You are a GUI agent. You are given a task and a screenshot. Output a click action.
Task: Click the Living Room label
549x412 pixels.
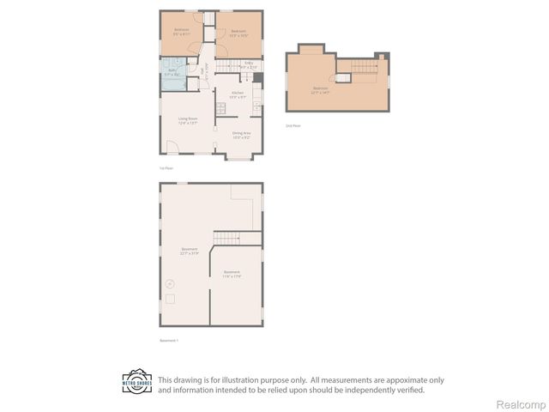[x=188, y=120]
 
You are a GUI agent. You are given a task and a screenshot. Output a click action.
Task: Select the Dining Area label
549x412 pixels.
[x=241, y=134]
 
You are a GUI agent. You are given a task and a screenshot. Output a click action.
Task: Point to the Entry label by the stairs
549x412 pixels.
[x=249, y=64]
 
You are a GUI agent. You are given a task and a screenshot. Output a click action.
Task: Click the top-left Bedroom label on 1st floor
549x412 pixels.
[x=181, y=32]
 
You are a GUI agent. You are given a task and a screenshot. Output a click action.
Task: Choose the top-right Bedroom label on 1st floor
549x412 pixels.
[x=238, y=33]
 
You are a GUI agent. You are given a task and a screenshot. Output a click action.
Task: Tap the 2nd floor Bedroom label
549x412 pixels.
[x=321, y=89]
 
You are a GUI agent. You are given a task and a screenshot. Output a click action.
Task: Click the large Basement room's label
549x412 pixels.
[x=190, y=251]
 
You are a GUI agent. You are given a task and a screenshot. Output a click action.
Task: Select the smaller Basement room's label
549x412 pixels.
[x=232, y=274]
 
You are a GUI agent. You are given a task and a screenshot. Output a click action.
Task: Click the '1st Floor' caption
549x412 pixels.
[x=166, y=168]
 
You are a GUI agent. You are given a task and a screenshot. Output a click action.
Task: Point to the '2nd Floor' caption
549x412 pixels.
[x=293, y=125]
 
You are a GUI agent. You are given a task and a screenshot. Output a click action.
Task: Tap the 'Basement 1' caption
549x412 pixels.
[x=169, y=341]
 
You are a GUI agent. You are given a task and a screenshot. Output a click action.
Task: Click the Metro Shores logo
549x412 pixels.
[x=137, y=383]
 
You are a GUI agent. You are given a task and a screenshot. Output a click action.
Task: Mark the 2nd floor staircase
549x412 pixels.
[x=364, y=65]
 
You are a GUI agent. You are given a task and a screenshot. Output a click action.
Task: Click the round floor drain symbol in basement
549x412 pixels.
[x=169, y=282]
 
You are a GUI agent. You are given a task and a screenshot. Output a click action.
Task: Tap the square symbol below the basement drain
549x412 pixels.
[x=170, y=299]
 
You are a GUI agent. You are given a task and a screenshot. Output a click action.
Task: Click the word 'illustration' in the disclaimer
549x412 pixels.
[x=235, y=379]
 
